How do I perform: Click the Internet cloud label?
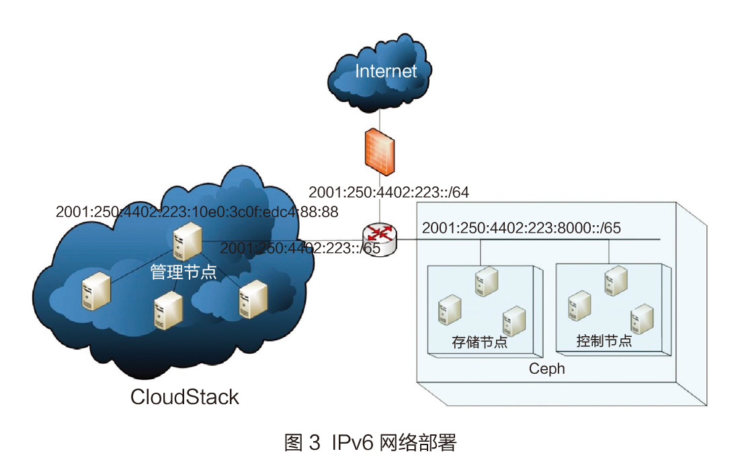point(386,71)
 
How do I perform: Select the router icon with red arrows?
point(380,239)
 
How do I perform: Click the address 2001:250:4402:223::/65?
point(300,248)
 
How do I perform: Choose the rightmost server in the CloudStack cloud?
point(253,298)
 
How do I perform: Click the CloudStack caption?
point(184,397)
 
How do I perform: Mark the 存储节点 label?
point(479,342)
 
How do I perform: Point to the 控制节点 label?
point(604,340)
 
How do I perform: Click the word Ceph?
point(546,368)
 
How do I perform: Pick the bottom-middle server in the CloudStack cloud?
point(168,309)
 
